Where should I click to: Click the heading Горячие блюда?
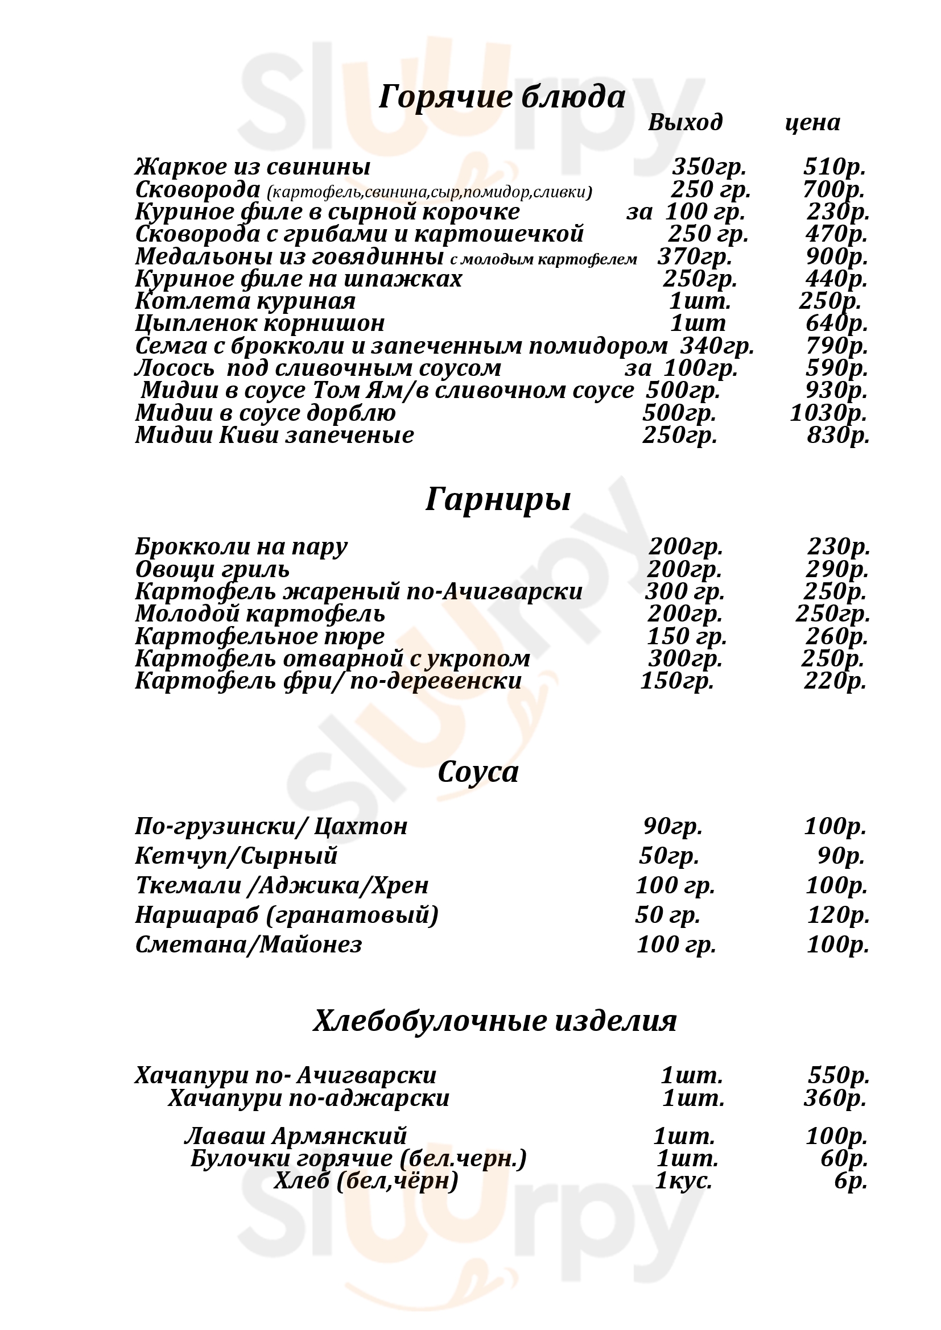[x=502, y=97]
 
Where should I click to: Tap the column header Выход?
[x=685, y=122]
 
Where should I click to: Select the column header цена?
[x=812, y=122]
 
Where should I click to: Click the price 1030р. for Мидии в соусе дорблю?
[x=828, y=413]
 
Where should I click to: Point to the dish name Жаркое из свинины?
[x=253, y=167]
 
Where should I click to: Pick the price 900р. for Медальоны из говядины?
[x=836, y=256]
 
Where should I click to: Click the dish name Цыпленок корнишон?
[x=259, y=323]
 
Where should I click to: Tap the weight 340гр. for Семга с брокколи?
[x=717, y=346]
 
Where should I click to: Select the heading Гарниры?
[x=498, y=499]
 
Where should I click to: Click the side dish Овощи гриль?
[x=212, y=569]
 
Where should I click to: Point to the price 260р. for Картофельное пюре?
[x=836, y=637]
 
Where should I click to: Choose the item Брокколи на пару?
[x=241, y=547]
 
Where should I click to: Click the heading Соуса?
[x=478, y=772]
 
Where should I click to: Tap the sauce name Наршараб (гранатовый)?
[x=287, y=915]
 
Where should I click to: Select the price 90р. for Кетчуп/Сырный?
[x=841, y=856]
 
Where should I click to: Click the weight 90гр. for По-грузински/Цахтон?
[x=672, y=826]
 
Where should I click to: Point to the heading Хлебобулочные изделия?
[x=495, y=1020]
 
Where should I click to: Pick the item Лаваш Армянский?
[x=295, y=1136]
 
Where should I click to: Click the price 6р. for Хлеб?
[x=851, y=1180]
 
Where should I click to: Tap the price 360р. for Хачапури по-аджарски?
[x=835, y=1099]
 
